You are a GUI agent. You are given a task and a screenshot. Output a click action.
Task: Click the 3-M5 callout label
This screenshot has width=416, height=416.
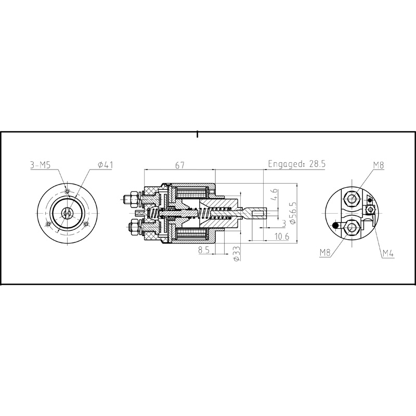pos(40,165)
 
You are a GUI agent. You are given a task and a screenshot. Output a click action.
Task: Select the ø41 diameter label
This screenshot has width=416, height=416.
pos(105,165)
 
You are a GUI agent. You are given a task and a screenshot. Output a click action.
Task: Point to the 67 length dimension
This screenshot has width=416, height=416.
pos(180,165)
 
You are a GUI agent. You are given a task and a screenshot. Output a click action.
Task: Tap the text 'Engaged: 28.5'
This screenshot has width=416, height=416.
pos(296,164)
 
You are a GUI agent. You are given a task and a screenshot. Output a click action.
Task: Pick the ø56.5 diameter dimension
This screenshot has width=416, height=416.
pos(293,213)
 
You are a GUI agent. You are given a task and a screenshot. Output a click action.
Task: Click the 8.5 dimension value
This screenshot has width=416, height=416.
pos(204,250)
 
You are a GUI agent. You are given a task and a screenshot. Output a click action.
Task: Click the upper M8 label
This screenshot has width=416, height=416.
pos(378,165)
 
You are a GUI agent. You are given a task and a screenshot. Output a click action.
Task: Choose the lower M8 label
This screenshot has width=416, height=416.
pos(326,253)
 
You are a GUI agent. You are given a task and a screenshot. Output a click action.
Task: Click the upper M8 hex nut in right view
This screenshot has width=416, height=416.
pos(353,199)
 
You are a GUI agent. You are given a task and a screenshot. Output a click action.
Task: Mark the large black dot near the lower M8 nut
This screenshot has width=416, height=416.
pos(336,226)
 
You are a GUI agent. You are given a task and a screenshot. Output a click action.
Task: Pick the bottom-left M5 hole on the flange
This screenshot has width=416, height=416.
pos(48,224)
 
